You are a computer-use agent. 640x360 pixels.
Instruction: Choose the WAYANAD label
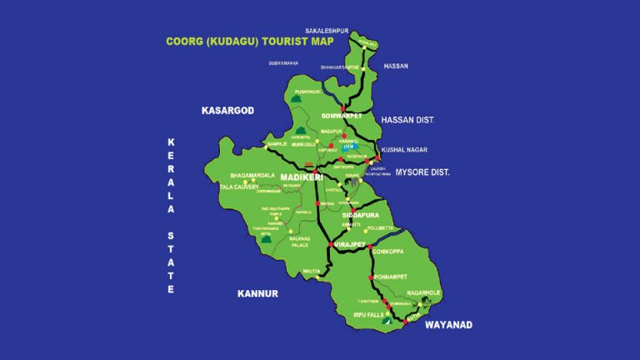[449, 324]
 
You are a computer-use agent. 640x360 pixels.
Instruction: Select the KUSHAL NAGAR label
[402, 150]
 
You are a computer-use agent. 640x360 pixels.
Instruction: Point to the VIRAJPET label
[352, 245]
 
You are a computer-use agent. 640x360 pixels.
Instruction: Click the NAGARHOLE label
[424, 293]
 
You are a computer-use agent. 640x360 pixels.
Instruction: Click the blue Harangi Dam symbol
[350, 146]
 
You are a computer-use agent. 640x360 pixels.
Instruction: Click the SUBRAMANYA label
[283, 62]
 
